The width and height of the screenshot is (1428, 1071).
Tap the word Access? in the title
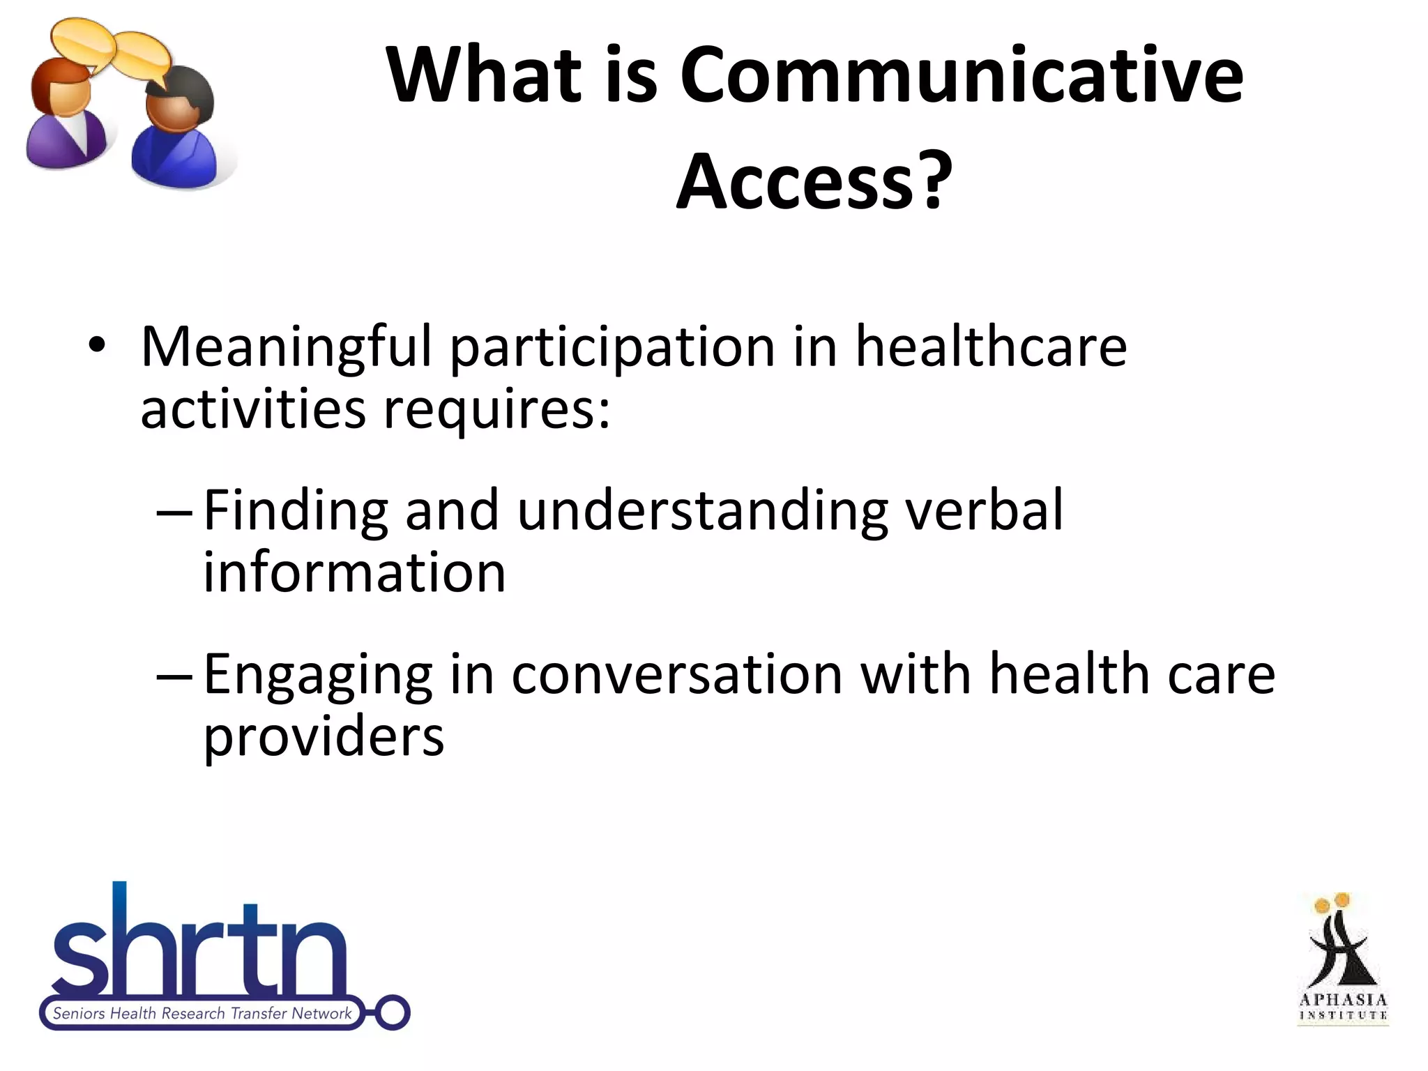pyautogui.click(x=814, y=181)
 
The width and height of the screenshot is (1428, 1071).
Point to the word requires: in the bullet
pyautogui.click(x=496, y=410)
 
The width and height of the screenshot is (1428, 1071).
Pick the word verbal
pyautogui.click(x=983, y=510)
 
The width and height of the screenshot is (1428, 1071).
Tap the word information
pyautogui.click(x=354, y=572)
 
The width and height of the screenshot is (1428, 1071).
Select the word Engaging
pyautogui.click(x=318, y=675)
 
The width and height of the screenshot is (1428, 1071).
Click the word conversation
pyautogui.click(x=677, y=675)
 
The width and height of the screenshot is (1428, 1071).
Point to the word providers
pyautogui.click(x=324, y=736)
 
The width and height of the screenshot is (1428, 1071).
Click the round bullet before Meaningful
pyautogui.click(x=97, y=345)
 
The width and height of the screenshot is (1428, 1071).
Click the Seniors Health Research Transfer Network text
pyautogui.click(x=202, y=1013)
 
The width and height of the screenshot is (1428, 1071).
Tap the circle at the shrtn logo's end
pyautogui.click(x=393, y=1012)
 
